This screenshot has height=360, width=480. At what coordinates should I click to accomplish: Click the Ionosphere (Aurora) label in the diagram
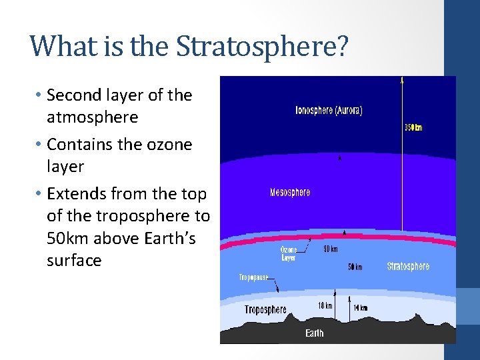coord(329,111)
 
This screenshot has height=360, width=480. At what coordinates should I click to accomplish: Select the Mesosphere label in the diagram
coord(290,193)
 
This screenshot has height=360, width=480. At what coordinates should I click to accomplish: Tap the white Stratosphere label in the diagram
coord(408,266)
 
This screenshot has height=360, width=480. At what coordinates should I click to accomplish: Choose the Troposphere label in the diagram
coord(265,309)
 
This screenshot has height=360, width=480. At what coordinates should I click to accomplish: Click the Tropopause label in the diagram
coord(253,277)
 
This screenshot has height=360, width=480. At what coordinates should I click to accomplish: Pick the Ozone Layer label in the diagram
coord(289,253)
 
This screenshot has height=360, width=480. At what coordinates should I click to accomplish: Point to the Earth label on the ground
coord(315,333)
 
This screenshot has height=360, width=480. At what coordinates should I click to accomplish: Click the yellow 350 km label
coord(413,128)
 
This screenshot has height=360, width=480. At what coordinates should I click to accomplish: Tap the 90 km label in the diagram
coord(330,249)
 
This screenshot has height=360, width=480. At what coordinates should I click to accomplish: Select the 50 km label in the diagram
coord(355,267)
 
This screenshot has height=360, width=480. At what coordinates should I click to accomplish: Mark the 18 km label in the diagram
coord(325,306)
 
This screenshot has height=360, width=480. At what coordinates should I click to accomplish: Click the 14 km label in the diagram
coord(360,307)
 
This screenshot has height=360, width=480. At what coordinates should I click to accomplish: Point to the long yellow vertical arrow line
coord(402,167)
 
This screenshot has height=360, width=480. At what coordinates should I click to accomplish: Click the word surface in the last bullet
coord(74,261)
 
